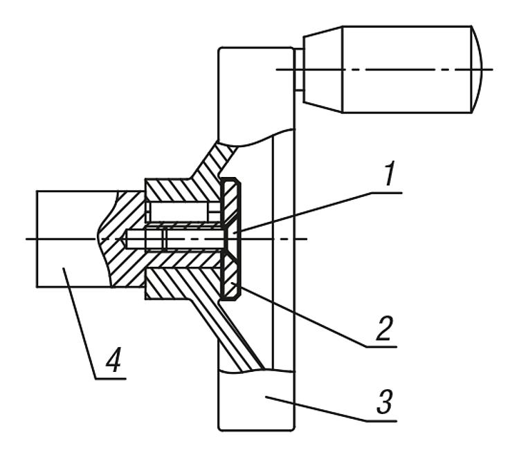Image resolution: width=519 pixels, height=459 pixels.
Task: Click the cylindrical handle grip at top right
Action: (x=408, y=69)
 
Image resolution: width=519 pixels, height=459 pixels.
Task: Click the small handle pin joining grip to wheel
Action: (x=298, y=69)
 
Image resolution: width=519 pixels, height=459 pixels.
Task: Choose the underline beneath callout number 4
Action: (x=111, y=377)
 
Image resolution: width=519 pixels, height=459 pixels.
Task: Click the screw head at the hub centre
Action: (x=231, y=239)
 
